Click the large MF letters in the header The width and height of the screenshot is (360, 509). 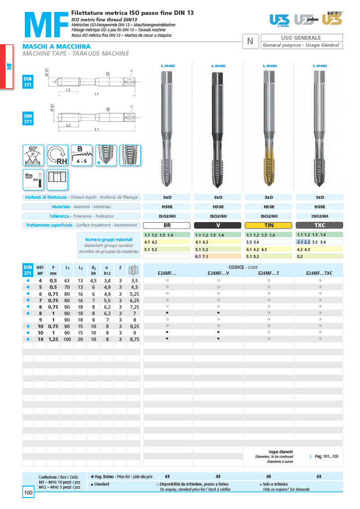(x=44, y=25)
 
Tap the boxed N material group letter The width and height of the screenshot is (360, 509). (x=250, y=41)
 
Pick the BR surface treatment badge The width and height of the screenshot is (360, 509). (x=167, y=225)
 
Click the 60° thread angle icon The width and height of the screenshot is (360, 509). (x=33, y=155)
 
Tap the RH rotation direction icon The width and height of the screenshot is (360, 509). (x=58, y=155)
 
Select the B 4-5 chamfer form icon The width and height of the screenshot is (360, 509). (x=82, y=155)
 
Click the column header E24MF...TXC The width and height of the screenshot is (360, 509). (x=319, y=273)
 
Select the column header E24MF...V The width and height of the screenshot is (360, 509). (x=218, y=273)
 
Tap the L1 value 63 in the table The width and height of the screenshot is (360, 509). (x=67, y=281)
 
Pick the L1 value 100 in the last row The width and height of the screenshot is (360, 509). (x=67, y=339)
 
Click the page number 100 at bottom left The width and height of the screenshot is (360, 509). (x=28, y=493)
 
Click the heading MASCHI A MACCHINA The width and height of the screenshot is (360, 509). (x=56, y=46)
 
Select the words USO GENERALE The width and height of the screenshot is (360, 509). (x=301, y=38)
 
